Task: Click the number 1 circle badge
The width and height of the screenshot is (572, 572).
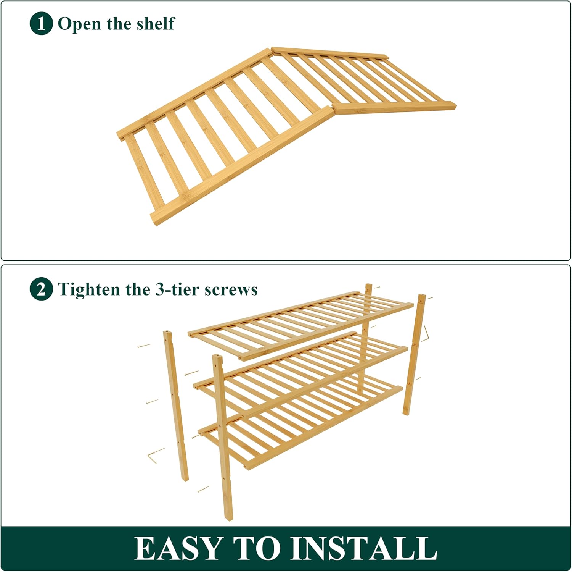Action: pos(41,24)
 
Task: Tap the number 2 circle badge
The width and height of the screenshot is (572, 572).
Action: pos(41,289)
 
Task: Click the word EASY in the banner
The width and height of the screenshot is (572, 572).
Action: pos(178,548)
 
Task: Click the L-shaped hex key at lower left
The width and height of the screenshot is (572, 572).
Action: pos(155,456)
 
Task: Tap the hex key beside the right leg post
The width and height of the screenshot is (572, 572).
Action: pos(426,334)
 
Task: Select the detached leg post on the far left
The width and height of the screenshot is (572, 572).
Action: pos(176,405)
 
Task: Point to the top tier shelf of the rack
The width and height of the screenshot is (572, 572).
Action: pos(301,325)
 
